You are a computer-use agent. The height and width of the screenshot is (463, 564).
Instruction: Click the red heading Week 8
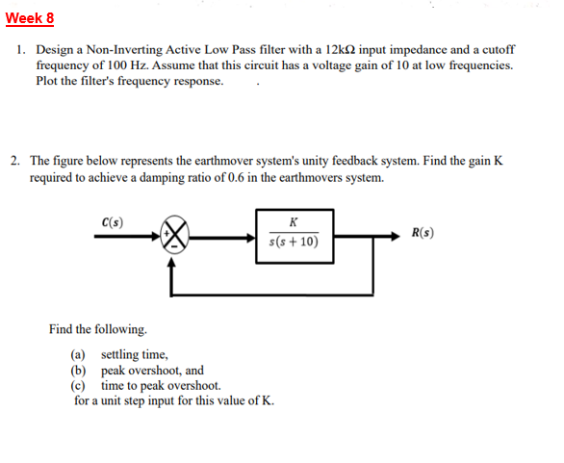30,18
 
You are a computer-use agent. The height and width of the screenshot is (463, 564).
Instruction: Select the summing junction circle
179,234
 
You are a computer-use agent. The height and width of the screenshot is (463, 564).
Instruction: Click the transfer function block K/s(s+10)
293,235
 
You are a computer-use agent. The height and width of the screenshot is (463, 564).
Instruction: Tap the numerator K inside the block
293,222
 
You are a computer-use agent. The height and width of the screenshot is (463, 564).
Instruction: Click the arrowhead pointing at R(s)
400,234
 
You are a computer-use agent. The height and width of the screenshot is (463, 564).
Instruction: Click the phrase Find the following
98,330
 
